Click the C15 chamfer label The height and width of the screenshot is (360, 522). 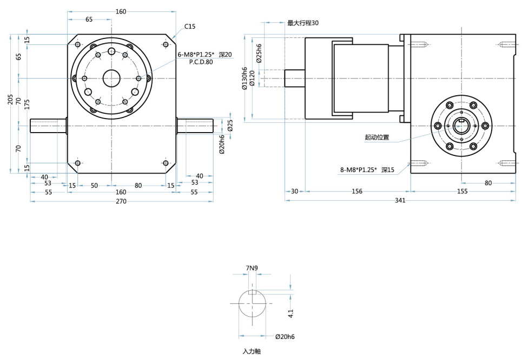pos(190,27)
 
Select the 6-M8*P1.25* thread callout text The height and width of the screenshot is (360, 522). pos(196,55)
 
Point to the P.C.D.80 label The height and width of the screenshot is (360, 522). pos(201,63)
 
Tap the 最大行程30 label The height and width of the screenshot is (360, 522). pos(303,23)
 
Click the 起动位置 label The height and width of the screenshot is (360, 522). pos(376,138)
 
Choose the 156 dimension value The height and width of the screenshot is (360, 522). pos(357,191)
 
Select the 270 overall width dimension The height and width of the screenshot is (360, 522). pos(121,201)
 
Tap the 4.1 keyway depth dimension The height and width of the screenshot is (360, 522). pos(291,312)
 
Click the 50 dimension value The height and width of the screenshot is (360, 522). pos(94,186)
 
